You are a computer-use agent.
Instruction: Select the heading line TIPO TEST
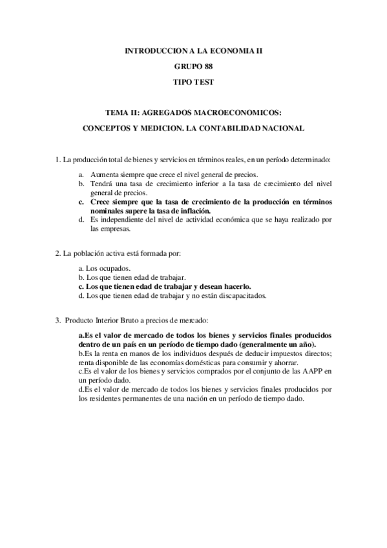tap(193, 83)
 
